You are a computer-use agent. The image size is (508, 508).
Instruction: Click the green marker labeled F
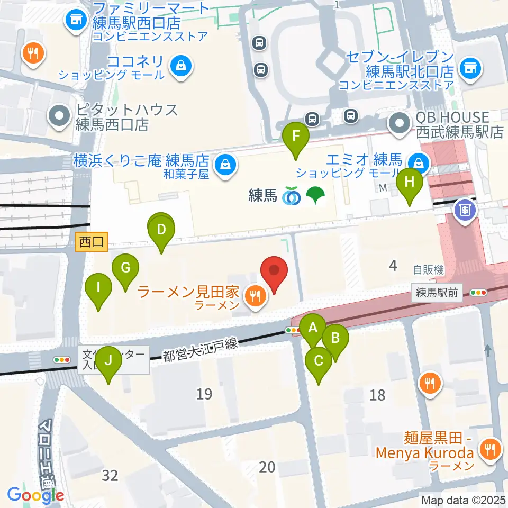(296, 135)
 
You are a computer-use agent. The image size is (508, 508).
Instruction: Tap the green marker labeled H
(409, 183)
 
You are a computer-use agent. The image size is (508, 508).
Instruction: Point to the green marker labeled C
(319, 361)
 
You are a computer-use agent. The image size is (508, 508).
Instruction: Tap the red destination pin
(275, 271)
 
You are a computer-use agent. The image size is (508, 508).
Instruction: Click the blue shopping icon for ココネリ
(181, 68)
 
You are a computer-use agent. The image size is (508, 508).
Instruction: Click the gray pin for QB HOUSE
(398, 124)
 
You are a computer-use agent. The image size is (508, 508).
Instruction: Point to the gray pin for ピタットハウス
(60, 116)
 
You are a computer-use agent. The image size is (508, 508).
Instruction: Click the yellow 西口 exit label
(92, 242)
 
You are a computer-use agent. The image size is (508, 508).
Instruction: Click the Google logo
(35, 495)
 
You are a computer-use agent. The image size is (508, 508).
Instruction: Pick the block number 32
(110, 476)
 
